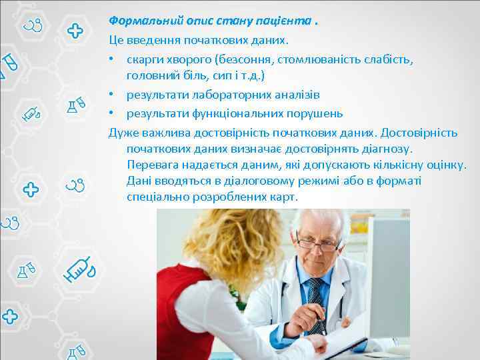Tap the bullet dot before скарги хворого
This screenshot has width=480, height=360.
(113, 59)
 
